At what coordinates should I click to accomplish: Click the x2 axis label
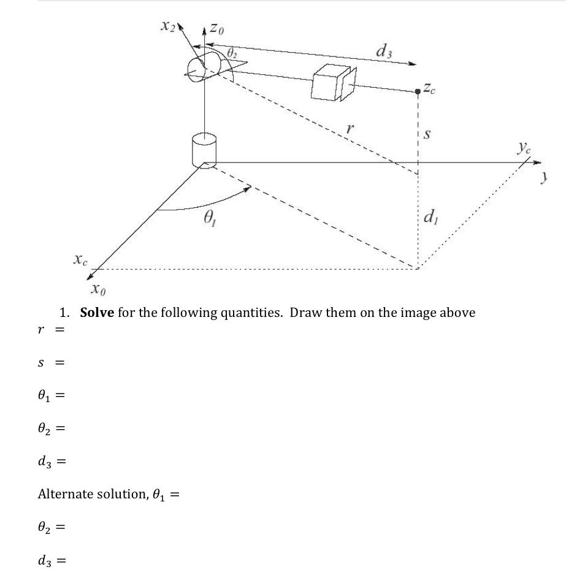167,26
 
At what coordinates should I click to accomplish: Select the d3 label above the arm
384,51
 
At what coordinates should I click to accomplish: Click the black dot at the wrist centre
418,91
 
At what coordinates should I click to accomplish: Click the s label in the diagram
427,133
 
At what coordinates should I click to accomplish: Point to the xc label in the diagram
80,260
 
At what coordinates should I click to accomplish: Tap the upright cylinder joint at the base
204,150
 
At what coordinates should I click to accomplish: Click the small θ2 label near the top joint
231,54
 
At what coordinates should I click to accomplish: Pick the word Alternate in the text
66,493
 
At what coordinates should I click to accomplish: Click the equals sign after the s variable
60,362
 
